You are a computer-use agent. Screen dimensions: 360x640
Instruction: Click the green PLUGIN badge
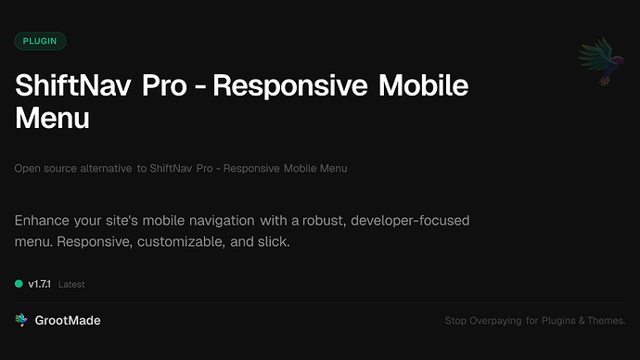(x=40, y=41)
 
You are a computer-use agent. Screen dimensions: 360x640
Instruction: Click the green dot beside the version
(x=19, y=284)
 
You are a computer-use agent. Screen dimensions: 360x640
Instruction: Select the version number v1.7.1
(x=41, y=284)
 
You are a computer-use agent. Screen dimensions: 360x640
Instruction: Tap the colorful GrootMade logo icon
(x=22, y=320)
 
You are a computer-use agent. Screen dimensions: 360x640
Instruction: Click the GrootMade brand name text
(x=69, y=320)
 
